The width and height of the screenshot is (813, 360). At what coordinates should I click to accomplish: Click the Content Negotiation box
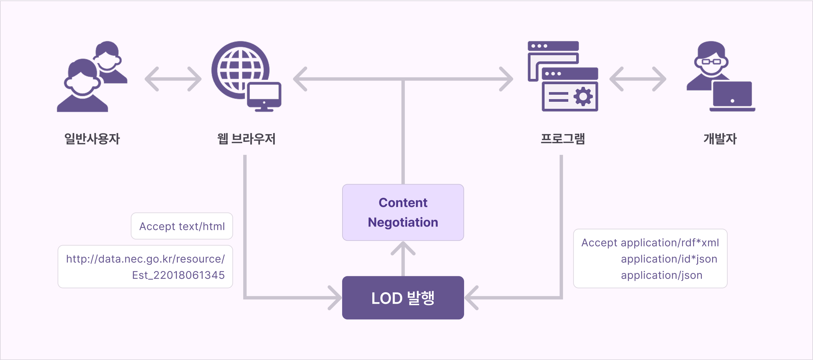403,212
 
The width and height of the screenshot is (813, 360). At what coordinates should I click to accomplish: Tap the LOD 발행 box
403,298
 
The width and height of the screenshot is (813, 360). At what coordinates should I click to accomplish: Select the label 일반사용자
92,139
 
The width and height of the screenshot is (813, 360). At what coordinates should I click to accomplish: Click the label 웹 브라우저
246,139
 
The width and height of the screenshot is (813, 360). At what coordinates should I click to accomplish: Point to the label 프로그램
563,139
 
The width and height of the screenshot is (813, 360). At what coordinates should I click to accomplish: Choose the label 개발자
720,139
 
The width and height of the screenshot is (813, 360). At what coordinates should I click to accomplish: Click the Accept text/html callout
182,226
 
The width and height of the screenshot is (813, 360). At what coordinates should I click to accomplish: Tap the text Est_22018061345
178,275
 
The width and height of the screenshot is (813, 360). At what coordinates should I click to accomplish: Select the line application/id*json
669,259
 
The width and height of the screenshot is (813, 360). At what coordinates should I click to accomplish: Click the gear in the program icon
583,97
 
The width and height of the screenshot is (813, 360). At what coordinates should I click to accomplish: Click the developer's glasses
711,62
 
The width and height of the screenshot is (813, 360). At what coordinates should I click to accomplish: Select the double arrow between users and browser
173,79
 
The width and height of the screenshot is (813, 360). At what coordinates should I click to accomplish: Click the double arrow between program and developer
638,79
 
